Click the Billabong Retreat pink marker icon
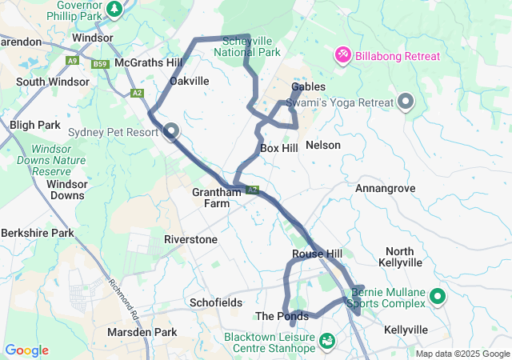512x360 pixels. pyautogui.click(x=342, y=55)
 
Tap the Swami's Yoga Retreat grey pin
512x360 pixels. pyautogui.click(x=406, y=102)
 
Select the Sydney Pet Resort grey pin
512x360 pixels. pyautogui.click(x=170, y=132)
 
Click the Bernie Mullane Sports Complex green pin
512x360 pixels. pyautogui.click(x=438, y=298)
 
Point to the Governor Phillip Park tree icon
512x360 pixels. pyautogui.click(x=115, y=9)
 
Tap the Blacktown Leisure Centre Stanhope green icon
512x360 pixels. pyautogui.click(x=326, y=342)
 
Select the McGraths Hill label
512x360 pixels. pyautogui.click(x=149, y=62)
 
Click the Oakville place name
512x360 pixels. pyautogui.click(x=190, y=81)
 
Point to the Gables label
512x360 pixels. pyautogui.click(x=308, y=86)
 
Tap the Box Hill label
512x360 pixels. pyautogui.click(x=279, y=148)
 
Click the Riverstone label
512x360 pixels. pyautogui.click(x=190, y=239)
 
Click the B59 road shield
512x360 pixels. pyautogui.click(x=100, y=64)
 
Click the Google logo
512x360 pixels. pyautogui.click(x=27, y=350)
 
